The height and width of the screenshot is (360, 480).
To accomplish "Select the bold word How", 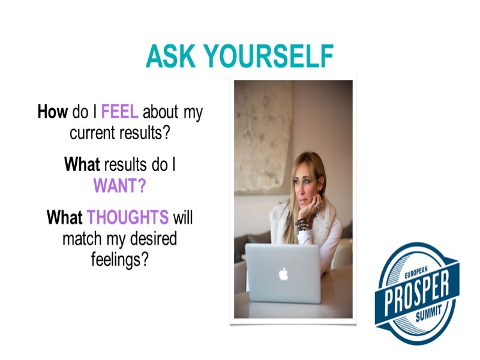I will (53, 112).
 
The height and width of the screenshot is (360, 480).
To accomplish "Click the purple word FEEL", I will (120, 112).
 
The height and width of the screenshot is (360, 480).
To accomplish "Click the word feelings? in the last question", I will (120, 261).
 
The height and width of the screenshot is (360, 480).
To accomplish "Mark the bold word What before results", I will (83, 165).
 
